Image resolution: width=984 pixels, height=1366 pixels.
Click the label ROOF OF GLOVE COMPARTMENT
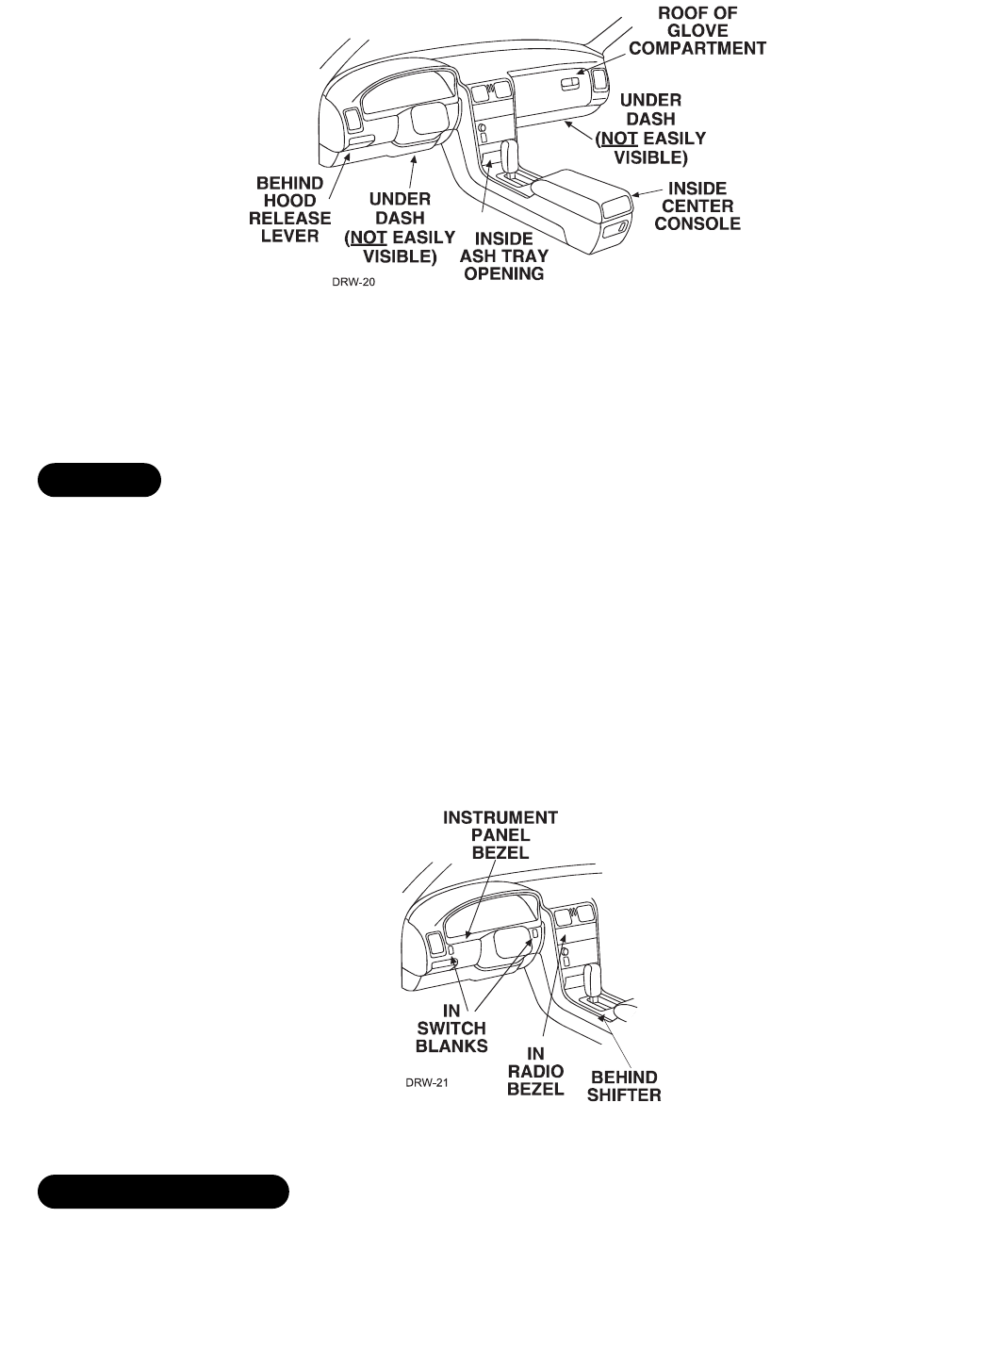[697, 31]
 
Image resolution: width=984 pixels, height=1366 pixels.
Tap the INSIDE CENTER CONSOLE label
[697, 206]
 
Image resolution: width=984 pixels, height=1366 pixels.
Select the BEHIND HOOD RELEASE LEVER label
[290, 209]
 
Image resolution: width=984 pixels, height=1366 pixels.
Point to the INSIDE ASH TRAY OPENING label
[503, 256]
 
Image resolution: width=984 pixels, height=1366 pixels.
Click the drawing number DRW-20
[353, 280]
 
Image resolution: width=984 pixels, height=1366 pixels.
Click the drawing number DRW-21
[427, 1082]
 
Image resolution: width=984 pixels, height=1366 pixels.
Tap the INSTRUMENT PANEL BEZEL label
[500, 834]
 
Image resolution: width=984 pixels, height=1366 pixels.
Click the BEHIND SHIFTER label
[624, 1086]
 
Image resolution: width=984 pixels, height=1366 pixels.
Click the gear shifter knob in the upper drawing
[510, 154]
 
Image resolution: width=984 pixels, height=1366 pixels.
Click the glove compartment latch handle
[571, 86]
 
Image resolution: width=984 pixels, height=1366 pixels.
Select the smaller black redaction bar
[99, 479]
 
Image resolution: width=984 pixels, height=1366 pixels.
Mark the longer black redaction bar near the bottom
[163, 1192]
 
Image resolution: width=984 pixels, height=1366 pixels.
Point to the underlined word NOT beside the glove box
[618, 139]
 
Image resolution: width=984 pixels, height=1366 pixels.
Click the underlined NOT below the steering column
[369, 238]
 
